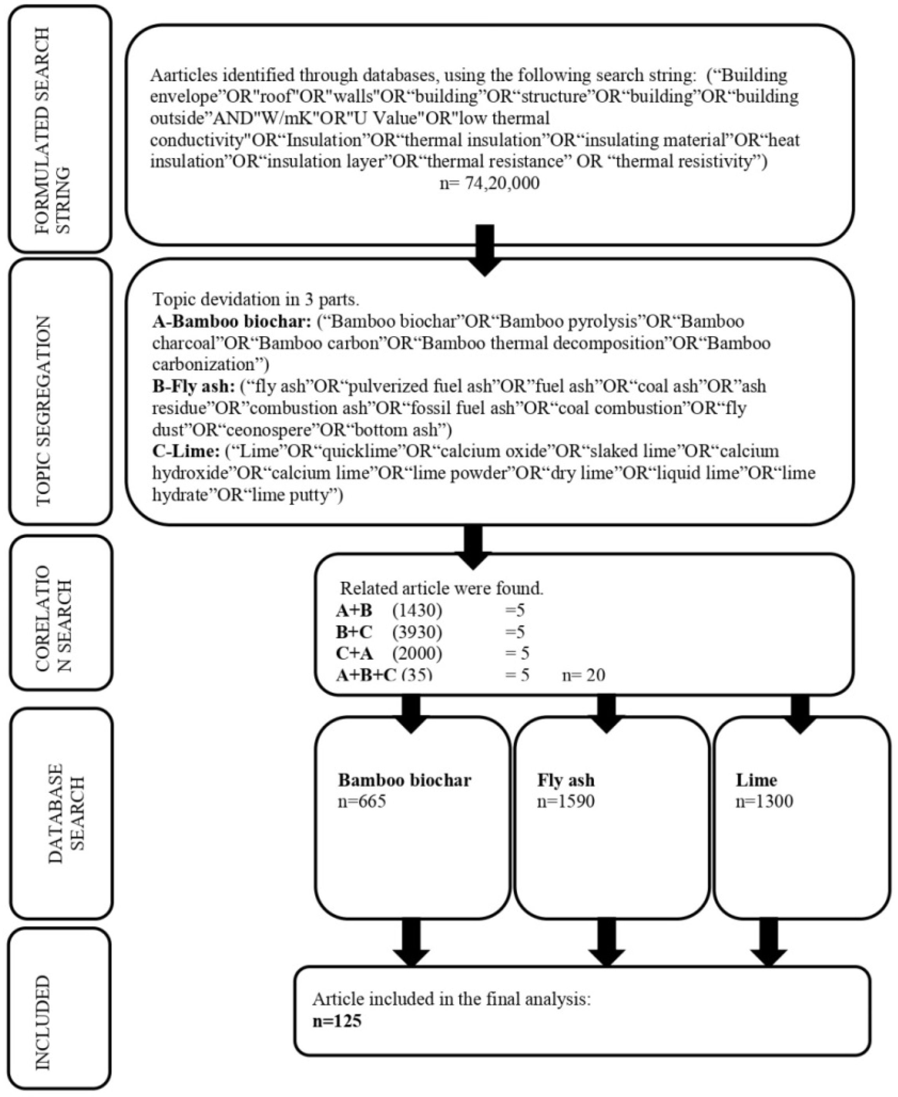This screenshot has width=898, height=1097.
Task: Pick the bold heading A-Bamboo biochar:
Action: tap(232, 322)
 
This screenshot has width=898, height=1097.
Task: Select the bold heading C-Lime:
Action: tap(186, 451)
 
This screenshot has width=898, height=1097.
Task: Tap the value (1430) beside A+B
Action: tap(417, 611)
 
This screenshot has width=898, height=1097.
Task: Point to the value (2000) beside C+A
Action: tap(417, 654)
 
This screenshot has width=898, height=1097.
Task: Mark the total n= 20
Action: tap(583, 675)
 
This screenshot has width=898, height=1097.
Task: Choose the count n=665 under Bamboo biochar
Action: tap(362, 801)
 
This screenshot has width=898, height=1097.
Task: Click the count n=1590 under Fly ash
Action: tap(566, 801)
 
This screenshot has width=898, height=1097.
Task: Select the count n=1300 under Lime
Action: tap(764, 801)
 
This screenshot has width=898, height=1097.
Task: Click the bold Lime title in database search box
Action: tap(756, 780)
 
